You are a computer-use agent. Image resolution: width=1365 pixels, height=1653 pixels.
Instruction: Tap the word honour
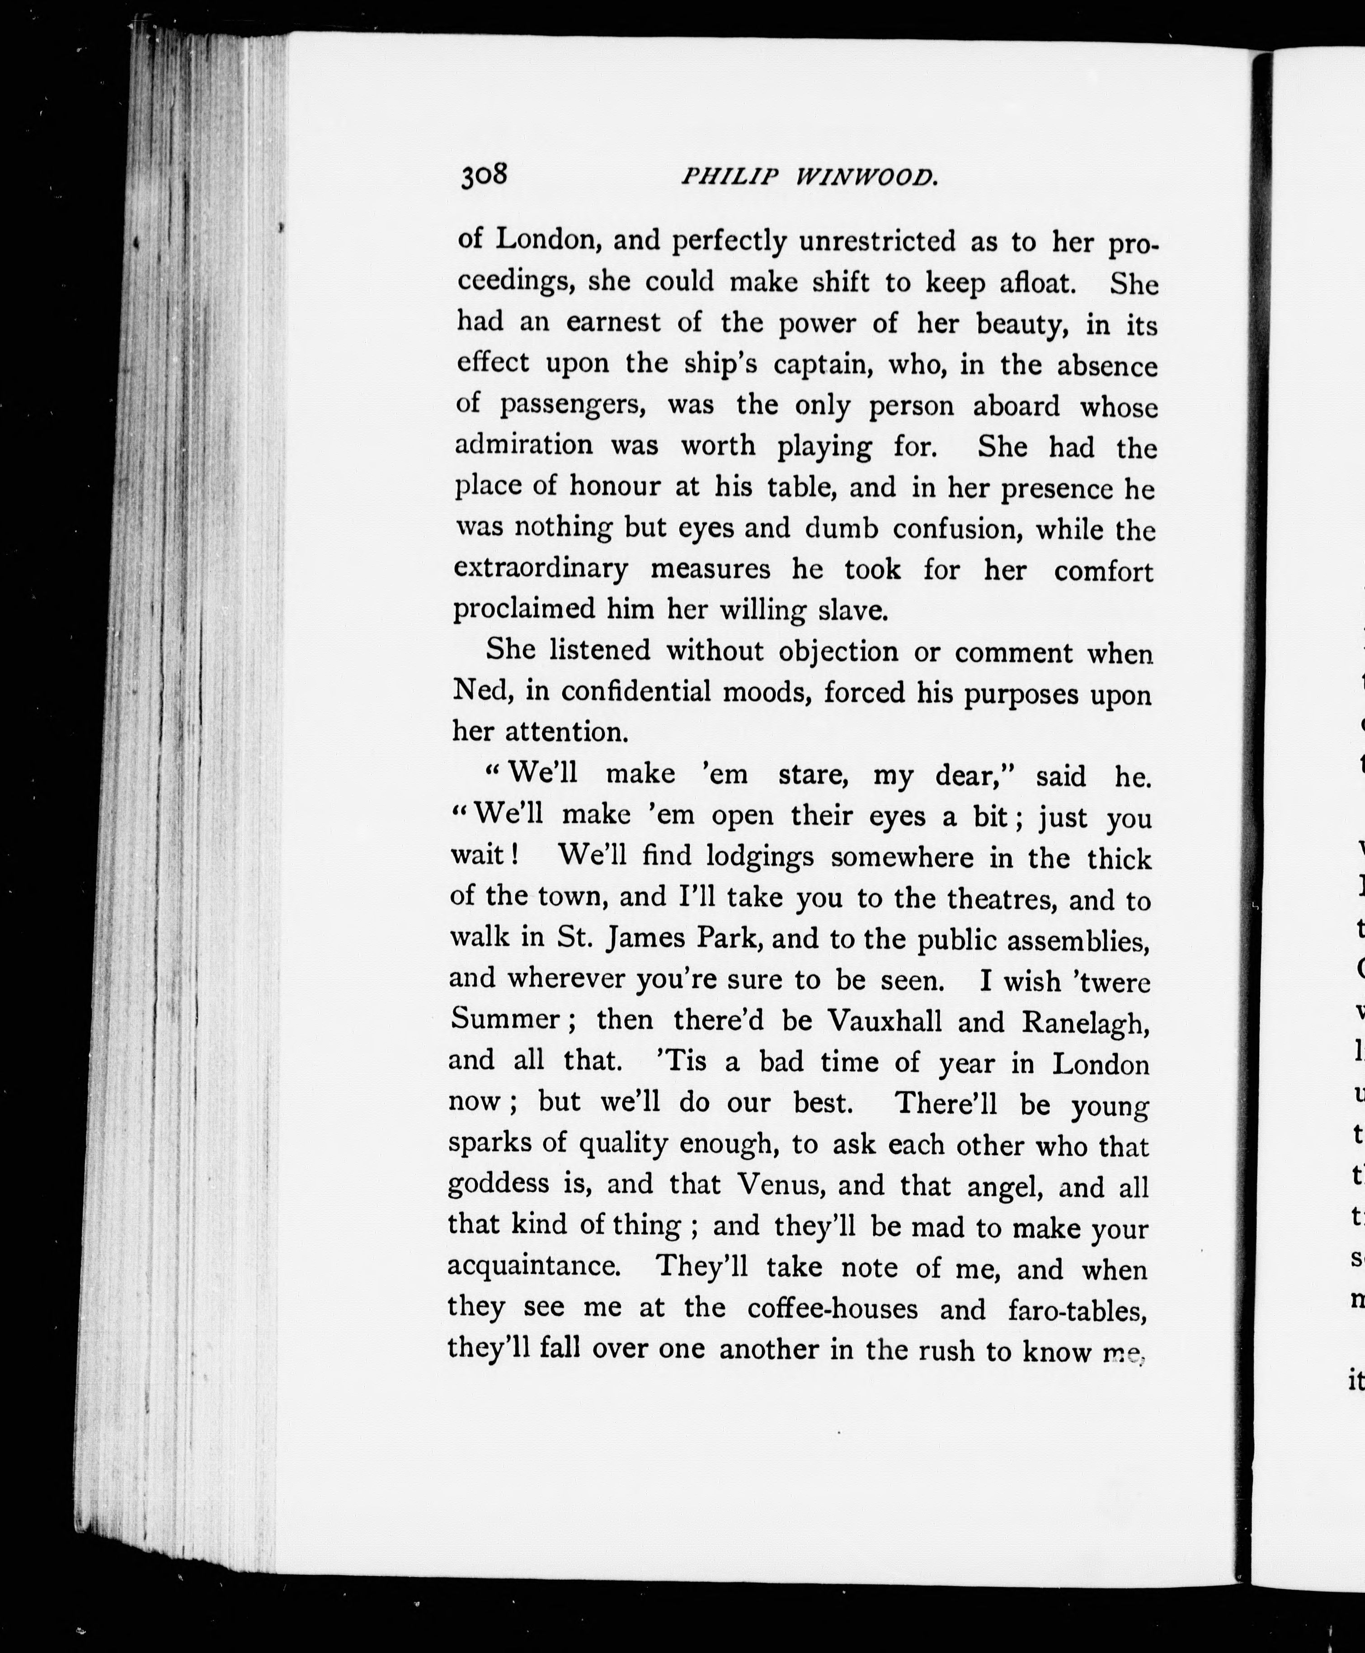click(x=615, y=487)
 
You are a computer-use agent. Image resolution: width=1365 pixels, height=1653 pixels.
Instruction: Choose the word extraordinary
click(x=541, y=569)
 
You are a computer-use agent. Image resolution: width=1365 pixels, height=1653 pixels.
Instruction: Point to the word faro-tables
click(x=1077, y=1309)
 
